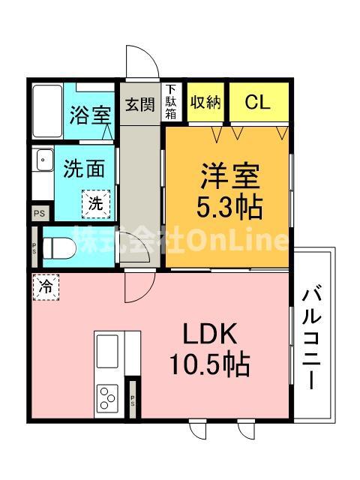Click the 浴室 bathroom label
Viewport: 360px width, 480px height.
click(90, 115)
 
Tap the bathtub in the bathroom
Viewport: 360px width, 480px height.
click(47, 112)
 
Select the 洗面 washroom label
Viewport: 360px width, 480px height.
click(84, 168)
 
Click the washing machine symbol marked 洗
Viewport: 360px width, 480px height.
click(96, 204)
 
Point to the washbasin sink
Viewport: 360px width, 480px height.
click(45, 160)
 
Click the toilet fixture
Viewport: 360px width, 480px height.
click(59, 248)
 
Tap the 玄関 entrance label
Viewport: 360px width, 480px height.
click(140, 104)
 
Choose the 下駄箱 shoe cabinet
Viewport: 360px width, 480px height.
click(171, 102)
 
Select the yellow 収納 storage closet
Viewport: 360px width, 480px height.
click(205, 102)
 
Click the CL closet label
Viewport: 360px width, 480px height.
click(258, 102)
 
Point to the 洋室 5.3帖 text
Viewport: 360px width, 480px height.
click(229, 192)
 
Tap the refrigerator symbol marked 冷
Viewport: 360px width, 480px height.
click(46, 287)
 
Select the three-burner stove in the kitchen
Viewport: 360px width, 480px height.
click(107, 397)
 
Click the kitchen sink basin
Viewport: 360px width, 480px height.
click(107, 351)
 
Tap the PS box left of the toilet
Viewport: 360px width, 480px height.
click(34, 247)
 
